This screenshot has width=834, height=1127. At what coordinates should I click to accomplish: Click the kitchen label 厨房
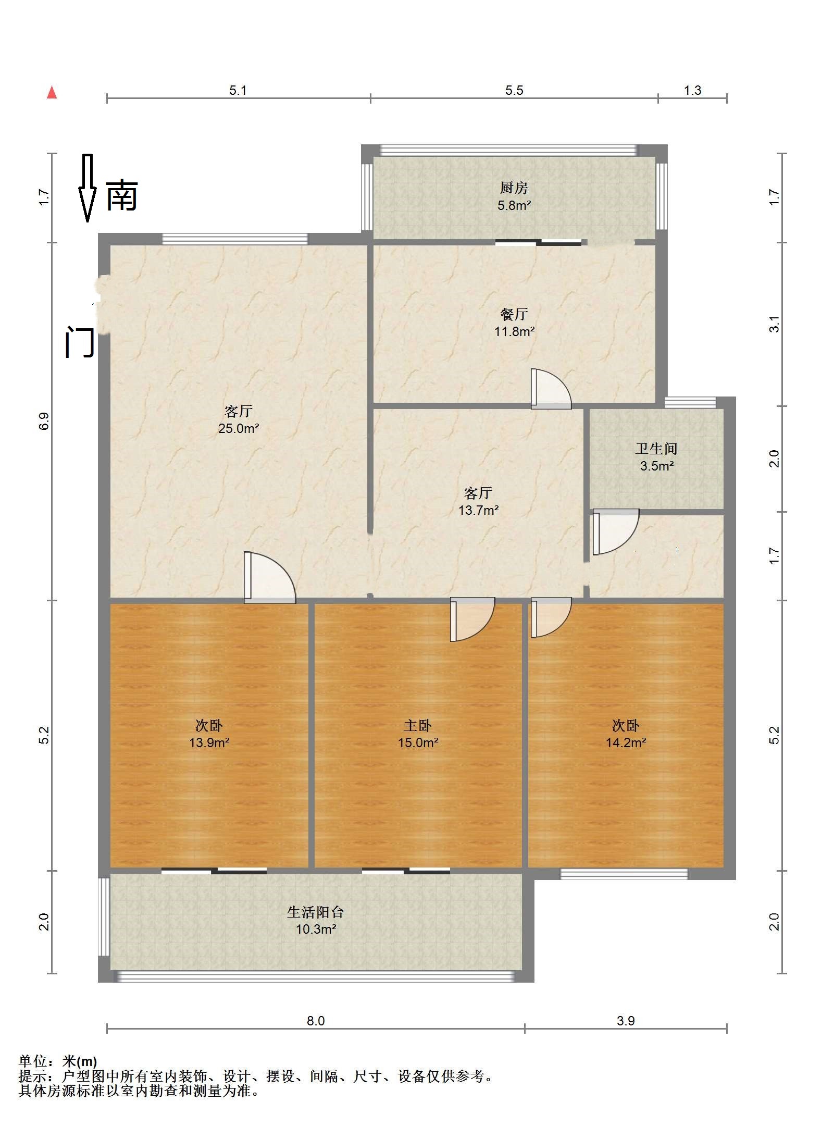(514, 188)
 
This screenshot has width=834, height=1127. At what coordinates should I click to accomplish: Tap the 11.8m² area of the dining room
(514, 331)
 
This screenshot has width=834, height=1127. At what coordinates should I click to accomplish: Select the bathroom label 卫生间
(656, 449)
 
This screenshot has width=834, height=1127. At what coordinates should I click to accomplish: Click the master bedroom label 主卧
(418, 725)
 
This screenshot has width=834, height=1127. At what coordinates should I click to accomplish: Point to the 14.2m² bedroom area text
(626, 742)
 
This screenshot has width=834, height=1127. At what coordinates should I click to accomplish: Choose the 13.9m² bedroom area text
(209, 742)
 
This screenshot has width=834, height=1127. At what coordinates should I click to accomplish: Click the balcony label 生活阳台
(315, 912)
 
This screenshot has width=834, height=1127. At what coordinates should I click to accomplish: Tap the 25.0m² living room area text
(239, 428)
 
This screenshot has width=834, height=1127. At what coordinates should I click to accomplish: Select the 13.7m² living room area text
(478, 510)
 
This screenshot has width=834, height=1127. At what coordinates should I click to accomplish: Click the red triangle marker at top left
(52, 93)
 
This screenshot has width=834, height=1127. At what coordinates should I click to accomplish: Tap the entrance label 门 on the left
(79, 342)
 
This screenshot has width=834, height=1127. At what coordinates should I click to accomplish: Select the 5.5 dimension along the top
(514, 90)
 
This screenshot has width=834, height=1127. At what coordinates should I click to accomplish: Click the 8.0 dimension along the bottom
(315, 1021)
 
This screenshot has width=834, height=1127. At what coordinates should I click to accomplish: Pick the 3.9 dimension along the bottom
(625, 1021)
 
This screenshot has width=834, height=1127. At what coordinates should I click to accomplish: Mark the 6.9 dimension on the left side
(44, 421)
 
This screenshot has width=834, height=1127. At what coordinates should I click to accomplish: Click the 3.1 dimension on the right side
(775, 324)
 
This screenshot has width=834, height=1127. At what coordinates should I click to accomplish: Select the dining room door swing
(551, 389)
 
